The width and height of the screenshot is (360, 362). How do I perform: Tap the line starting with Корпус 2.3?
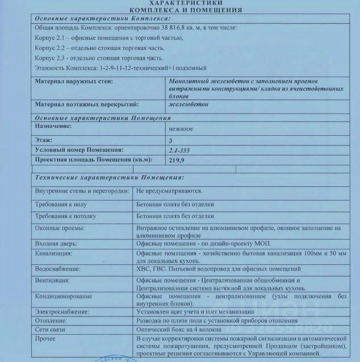[99, 58]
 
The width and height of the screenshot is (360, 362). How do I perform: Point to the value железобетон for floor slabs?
[189, 105]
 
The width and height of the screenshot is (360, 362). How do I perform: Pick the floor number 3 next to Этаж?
[171, 140]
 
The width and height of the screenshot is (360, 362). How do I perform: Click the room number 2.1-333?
[181, 151]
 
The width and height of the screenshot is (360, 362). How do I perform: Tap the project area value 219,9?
[177, 161]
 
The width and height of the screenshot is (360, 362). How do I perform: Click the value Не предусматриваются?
[170, 191]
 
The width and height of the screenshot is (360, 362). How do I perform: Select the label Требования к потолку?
[66, 217]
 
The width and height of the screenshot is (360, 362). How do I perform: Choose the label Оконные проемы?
[60, 228]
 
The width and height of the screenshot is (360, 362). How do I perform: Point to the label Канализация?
[55, 253]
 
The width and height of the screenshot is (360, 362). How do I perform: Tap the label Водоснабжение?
[58, 269]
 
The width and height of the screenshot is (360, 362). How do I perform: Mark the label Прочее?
[45, 339]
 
